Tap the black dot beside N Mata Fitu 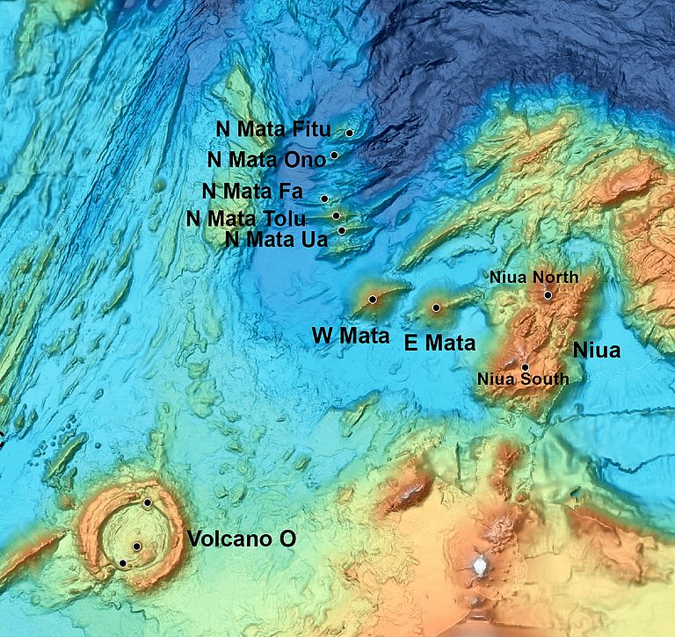pos(349,133)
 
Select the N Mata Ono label pos(266,159)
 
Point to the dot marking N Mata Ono pos(334,156)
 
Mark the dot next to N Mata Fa pos(324,199)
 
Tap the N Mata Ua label pos(276,239)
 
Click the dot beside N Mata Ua pos(342,230)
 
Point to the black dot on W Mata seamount pos(373,300)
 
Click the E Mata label pos(439,343)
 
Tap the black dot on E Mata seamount pos(437,308)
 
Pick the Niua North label pos(533,278)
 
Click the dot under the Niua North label pos(548,295)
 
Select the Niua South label pos(522,380)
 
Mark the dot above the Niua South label pos(525,366)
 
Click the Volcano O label pos(239,539)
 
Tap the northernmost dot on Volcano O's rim pos(148,503)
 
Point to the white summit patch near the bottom pos(480,567)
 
